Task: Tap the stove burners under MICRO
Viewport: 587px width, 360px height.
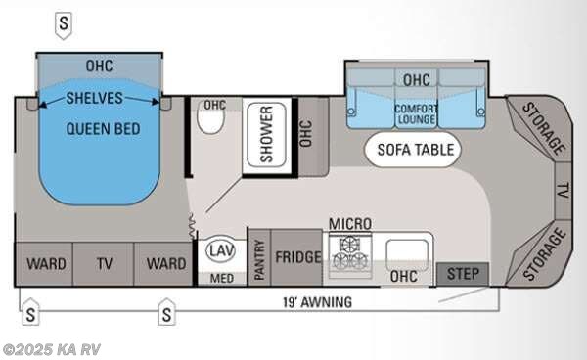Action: pos(353,256)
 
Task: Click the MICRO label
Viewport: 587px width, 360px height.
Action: pos(351,224)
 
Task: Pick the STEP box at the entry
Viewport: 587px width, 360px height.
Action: pos(463,274)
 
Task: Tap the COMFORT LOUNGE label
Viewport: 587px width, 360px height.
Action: pos(416,113)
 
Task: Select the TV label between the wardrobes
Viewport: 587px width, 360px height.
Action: pos(103,263)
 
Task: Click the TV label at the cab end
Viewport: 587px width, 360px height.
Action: pos(563,189)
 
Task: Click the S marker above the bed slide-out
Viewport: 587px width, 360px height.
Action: pos(64,21)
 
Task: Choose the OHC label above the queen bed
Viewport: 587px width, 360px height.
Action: pos(99,67)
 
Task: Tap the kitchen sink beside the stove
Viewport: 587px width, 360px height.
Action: pos(406,256)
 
